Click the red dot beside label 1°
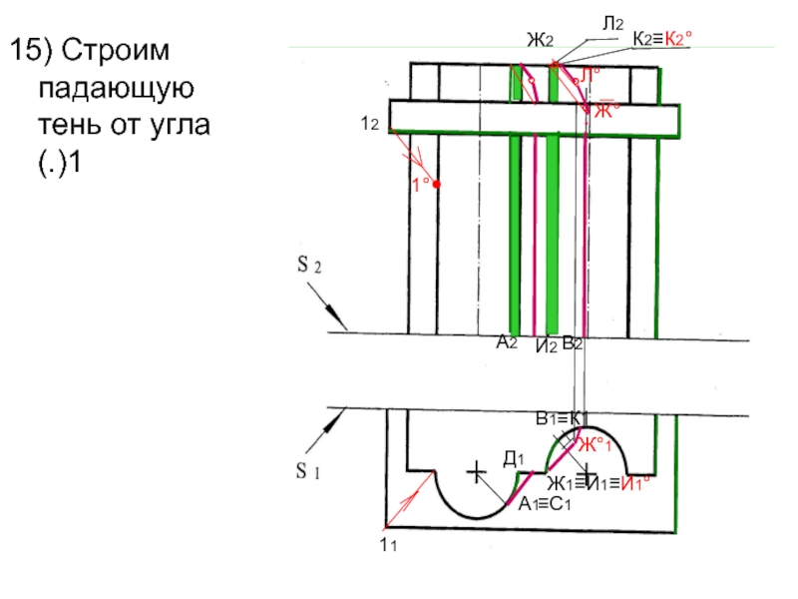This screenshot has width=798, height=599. [436, 185]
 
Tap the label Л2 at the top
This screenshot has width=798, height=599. [612, 22]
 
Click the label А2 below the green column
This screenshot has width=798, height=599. [507, 341]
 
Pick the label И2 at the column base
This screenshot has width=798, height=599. [545, 346]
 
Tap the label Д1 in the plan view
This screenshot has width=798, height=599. [514, 458]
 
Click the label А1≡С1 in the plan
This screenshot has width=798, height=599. [543, 505]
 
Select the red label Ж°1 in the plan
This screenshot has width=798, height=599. [595, 444]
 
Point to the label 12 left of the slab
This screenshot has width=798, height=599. [368, 123]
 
